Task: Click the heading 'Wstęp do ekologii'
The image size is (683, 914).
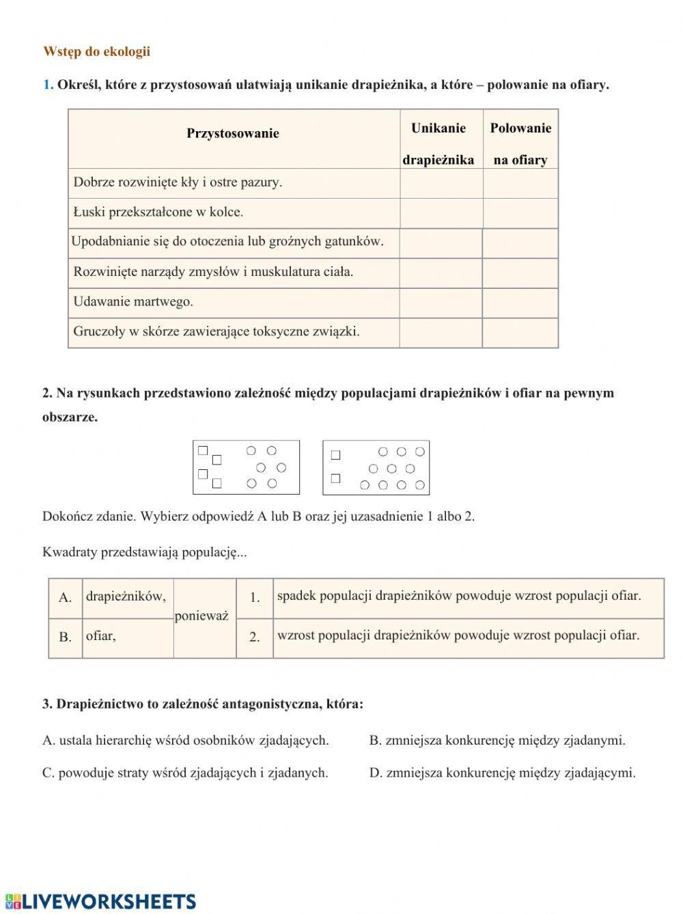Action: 96,52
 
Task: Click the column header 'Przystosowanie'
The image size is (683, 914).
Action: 233,133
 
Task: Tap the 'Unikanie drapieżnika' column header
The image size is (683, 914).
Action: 438,143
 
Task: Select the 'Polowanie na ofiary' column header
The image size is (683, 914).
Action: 520,143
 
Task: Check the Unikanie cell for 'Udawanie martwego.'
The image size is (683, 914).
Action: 441,303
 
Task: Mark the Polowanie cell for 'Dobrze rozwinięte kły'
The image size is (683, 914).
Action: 520,184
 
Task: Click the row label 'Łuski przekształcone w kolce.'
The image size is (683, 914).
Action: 158,212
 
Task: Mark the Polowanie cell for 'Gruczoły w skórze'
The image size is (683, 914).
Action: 520,333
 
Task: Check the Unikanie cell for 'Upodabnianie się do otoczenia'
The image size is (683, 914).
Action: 441,243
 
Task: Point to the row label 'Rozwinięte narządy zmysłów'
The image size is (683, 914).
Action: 213,272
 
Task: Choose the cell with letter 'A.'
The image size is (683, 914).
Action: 66,598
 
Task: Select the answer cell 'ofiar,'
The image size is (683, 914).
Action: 101,636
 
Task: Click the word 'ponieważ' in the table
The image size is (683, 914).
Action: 201,616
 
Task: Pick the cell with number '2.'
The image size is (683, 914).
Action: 255,637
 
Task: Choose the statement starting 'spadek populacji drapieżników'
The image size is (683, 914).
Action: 459,596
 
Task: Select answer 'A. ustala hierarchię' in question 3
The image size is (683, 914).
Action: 186,740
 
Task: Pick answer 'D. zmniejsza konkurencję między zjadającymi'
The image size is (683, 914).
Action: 503,773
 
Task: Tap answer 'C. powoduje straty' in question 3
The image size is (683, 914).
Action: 185,773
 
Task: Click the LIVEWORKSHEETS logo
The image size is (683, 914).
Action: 100,901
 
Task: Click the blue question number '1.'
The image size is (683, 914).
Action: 48,85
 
